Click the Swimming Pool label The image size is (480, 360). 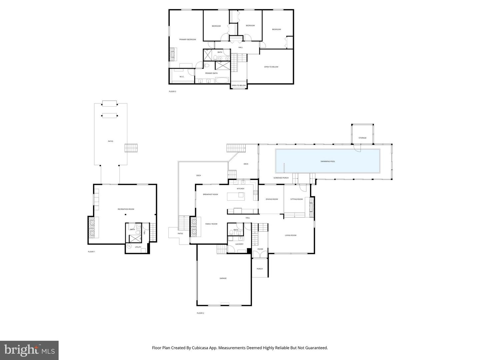pos(328,161)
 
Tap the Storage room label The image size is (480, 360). pos(362,138)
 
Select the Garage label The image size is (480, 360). pos(223,278)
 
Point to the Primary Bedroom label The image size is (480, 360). pos(188,39)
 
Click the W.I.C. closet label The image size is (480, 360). pos(182,77)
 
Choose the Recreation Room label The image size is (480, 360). pos(126,209)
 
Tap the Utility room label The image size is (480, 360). pos(138,247)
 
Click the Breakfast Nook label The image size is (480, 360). pos(210,194)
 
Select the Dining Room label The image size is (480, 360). pos(272,199)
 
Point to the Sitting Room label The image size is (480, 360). pos(296,199)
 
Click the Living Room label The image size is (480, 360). pos(290,235)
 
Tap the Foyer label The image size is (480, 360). pos(260,249)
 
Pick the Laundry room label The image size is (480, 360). pos(239,244)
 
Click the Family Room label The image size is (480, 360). pos(211,224)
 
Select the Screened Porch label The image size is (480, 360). pos(281,178)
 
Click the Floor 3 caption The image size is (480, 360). pos(172,91)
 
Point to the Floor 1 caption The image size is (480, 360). pos(91,252)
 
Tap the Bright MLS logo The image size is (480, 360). pos(29,350)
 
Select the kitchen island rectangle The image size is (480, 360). pos(236,197)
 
